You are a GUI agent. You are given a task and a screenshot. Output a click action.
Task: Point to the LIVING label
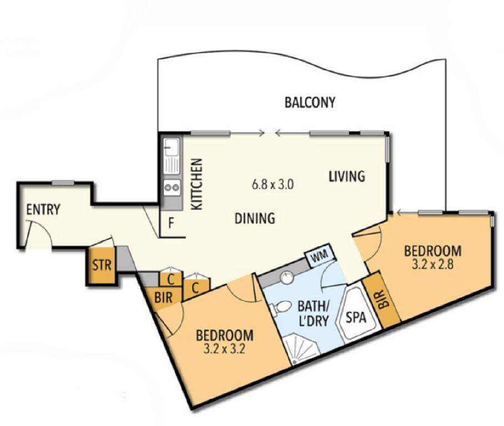pyautogui.click(x=347, y=177)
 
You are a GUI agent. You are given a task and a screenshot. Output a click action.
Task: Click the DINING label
pyautogui.click(x=254, y=219)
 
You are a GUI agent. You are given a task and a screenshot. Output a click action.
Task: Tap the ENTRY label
pyautogui.click(x=43, y=209)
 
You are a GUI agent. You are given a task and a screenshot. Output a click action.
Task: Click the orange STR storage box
pyautogui.click(x=101, y=265)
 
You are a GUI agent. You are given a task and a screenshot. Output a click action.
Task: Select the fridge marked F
pyautogui.click(x=171, y=224)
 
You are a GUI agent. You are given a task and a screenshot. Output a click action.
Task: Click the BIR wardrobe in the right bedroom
pyautogui.click(x=386, y=299)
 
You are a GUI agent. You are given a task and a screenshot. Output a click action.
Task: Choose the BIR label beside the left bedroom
pyautogui.click(x=164, y=296)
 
